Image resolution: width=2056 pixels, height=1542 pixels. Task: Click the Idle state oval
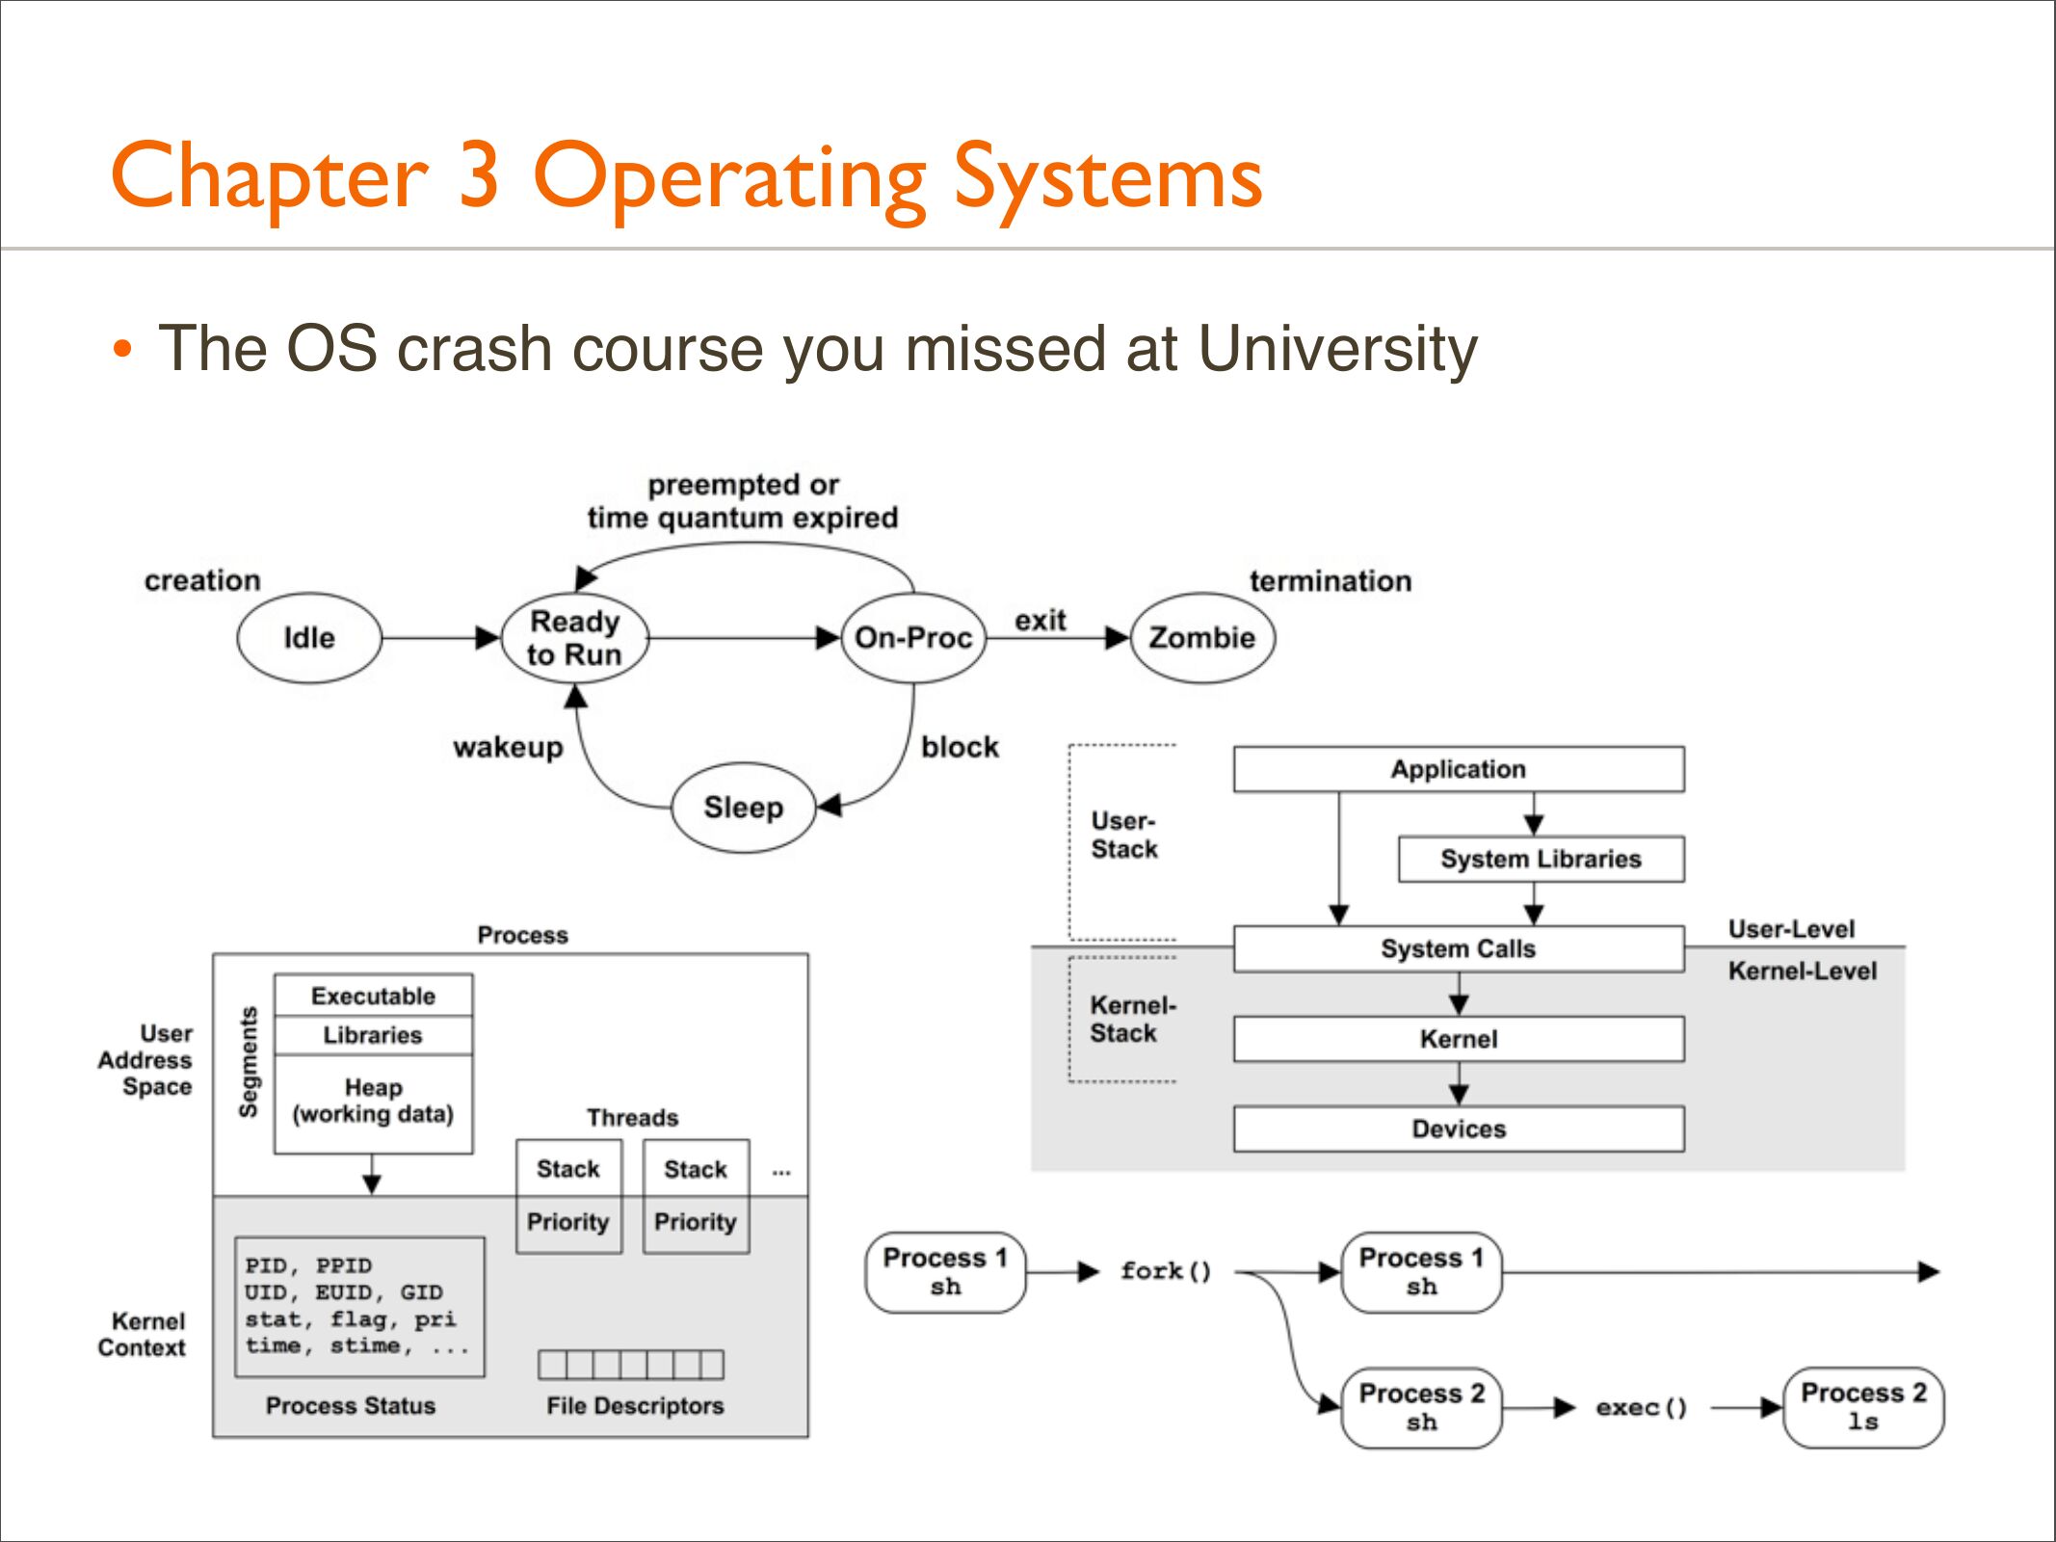point(309,638)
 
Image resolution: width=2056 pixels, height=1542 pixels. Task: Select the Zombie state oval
point(1202,638)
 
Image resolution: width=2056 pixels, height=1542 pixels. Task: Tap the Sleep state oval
point(743,808)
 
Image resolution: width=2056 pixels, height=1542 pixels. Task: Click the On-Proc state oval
point(913,638)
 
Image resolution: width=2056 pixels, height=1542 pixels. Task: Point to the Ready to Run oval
point(574,638)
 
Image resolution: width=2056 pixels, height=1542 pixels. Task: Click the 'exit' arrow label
point(1041,621)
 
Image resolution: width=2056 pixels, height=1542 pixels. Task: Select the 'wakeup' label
point(508,748)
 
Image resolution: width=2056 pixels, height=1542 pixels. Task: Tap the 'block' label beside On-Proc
point(960,747)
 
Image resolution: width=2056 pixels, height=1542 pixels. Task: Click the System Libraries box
point(1541,859)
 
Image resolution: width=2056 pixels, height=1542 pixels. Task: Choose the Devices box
point(1459,1129)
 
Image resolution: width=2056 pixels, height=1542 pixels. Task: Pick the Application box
point(1459,769)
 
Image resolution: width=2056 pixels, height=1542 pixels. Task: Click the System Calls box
point(1459,948)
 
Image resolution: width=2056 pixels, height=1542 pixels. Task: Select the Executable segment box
point(374,996)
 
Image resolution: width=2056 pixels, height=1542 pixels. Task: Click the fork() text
point(1166,1271)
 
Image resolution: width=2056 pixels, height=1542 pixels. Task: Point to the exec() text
point(1642,1407)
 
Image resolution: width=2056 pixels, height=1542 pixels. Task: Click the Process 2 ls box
point(1863,1407)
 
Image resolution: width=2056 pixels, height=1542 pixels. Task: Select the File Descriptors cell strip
point(631,1365)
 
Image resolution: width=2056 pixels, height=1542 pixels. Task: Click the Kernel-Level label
point(1803,970)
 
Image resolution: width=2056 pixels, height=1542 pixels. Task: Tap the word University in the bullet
point(1337,349)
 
